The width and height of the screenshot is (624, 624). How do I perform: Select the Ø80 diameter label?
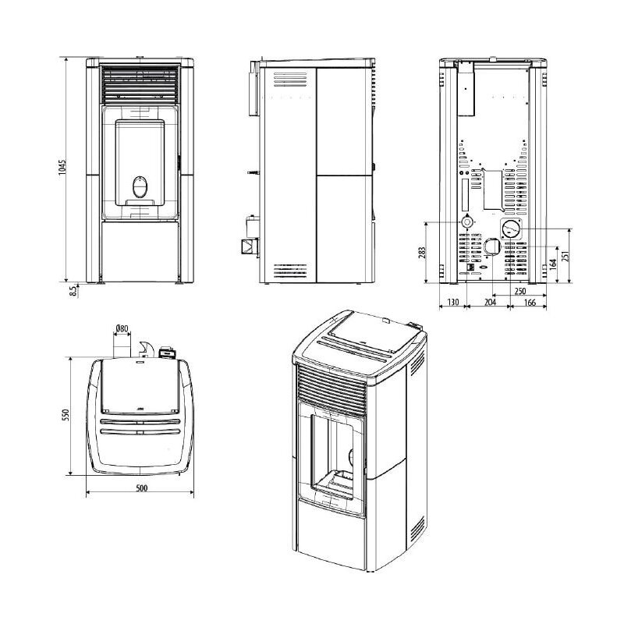click(121, 328)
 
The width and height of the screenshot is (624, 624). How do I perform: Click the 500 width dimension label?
click(141, 488)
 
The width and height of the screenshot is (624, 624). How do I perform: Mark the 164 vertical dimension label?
click(553, 263)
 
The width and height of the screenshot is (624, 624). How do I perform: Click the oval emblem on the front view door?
click(140, 187)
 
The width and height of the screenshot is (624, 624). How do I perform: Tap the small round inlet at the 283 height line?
click(466, 222)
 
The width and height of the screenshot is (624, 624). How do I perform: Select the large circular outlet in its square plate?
click(511, 230)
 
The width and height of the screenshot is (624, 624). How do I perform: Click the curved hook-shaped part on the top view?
click(145, 349)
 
